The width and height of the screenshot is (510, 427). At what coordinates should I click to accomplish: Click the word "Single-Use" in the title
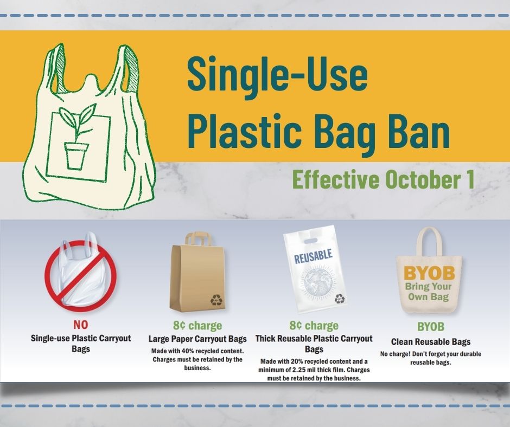[x=277, y=75]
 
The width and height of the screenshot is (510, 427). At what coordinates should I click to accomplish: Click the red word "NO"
[x=80, y=325]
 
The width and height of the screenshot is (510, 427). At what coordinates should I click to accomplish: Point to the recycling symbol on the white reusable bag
[x=339, y=298]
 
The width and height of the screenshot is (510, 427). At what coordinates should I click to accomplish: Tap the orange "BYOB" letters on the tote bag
[x=429, y=273]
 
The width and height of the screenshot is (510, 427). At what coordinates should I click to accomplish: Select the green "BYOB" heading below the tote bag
[x=430, y=327]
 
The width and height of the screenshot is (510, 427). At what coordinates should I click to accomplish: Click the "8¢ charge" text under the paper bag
[x=197, y=325]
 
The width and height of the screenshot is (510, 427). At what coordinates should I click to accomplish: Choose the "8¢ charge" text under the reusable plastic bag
[x=314, y=325]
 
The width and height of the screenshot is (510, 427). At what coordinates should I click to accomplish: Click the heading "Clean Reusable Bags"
[x=431, y=342]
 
